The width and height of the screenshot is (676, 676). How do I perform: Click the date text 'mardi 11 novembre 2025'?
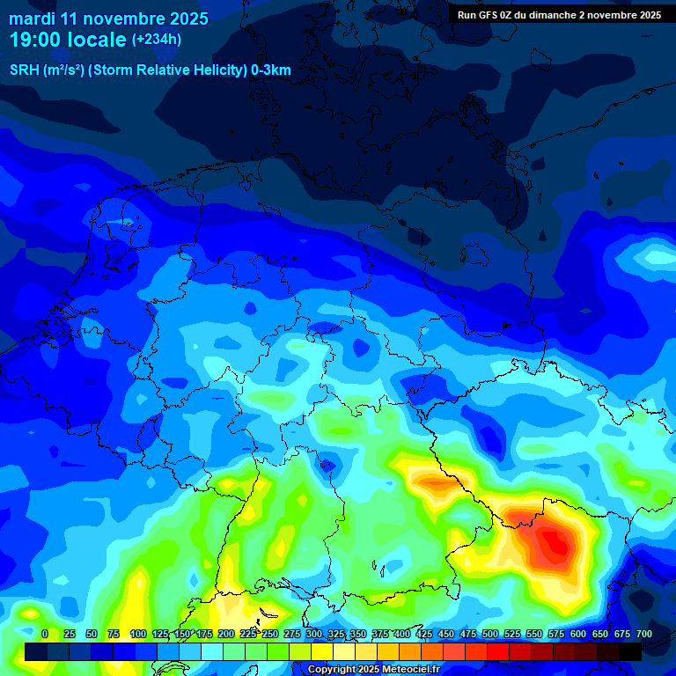(109, 18)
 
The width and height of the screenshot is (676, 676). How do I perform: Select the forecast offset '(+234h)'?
(157, 40)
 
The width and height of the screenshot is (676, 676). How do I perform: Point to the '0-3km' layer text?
(271, 70)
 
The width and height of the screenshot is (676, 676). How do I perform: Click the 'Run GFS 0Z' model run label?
(485, 15)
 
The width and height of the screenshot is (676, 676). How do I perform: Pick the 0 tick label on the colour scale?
(45, 634)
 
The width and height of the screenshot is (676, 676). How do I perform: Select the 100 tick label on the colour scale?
(138, 634)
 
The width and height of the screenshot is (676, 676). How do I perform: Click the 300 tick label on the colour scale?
(314, 634)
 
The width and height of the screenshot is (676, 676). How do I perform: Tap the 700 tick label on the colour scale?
(644, 634)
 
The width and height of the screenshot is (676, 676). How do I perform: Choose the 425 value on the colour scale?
(424, 634)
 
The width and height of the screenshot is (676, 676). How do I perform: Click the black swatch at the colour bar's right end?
(630, 651)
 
